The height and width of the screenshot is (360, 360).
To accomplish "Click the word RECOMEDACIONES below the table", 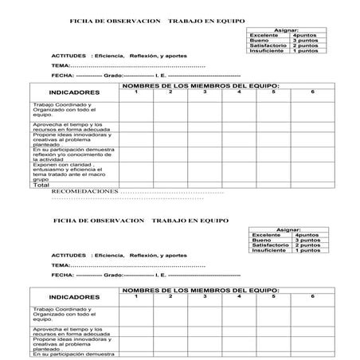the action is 83,192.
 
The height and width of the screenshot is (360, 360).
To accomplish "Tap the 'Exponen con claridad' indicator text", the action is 64,165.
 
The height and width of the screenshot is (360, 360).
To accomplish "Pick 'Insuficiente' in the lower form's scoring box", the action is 268,252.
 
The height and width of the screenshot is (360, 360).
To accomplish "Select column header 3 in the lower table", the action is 205,296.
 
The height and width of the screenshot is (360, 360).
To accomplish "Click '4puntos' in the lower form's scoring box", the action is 306,235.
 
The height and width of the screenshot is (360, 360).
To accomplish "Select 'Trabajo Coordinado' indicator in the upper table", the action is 63,104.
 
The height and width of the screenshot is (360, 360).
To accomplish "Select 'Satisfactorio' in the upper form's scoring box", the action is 268,47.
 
